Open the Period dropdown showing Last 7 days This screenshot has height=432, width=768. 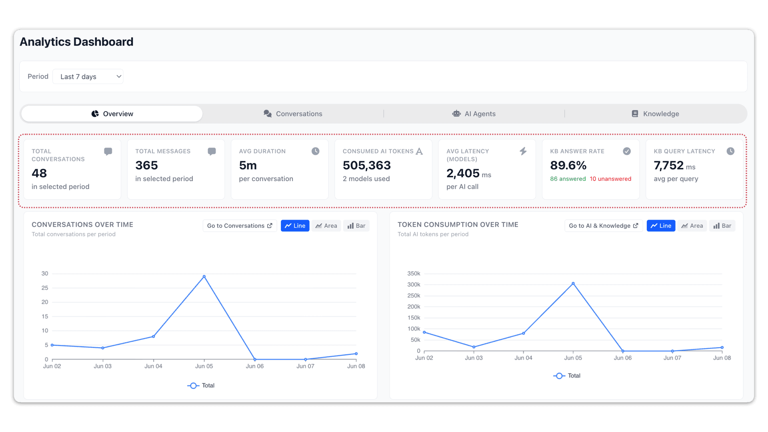pos(88,76)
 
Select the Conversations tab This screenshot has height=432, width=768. pos(293,114)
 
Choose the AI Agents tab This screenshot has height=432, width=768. pos(474,114)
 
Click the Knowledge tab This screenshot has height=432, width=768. pos(655,114)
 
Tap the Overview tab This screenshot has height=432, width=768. pos(112,114)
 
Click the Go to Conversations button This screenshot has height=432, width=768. pos(240,226)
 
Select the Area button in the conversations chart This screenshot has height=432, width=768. pos(326,226)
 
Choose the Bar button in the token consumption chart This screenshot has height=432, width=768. pos(722,226)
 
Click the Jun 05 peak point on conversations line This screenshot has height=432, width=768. pos(204,276)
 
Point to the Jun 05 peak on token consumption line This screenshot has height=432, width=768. pos(573,283)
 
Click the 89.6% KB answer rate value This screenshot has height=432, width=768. pos(568,165)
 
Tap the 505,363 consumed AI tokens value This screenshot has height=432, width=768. pos(367,165)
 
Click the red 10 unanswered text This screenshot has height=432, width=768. pos(610,179)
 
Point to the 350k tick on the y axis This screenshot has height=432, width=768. pos(414,274)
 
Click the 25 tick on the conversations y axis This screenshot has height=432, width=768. pos(45,288)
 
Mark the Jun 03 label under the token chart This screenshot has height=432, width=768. pos(474,358)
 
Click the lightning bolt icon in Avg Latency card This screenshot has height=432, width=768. pos(523,151)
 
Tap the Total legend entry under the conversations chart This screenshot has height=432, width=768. pos(201,386)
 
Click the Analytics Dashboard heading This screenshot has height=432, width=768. pos(76,42)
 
